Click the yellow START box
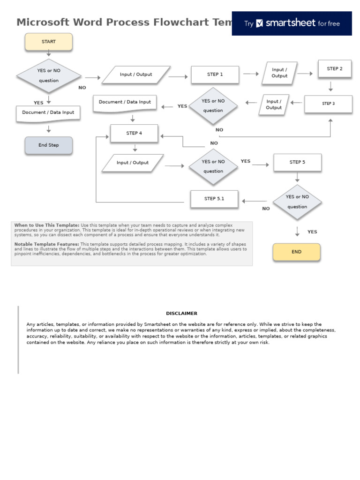pyautogui.click(x=48, y=42)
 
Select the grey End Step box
pyautogui.click(x=48, y=145)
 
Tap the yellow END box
pyautogui.click(x=296, y=252)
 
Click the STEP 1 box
pyautogui.click(x=215, y=75)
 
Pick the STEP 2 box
pyautogui.click(x=334, y=69)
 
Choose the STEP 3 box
pyautogui.click(x=328, y=104)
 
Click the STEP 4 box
pyautogui.click(x=134, y=133)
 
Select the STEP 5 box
pyautogui.click(x=297, y=162)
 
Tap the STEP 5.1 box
pyautogui.click(x=214, y=199)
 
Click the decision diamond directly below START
pyautogui.click(x=49, y=75)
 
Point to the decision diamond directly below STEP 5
pyautogui.click(x=297, y=202)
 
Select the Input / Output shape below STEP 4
pyautogui.click(x=133, y=163)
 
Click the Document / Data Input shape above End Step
pyautogui.click(x=48, y=113)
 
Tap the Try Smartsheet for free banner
pyautogui.click(x=292, y=23)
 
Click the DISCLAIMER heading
pyautogui.click(x=181, y=313)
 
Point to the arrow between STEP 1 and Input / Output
pyautogui.click(x=251, y=74)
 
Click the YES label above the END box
pyautogui.click(x=312, y=232)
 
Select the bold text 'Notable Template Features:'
pyautogui.click(x=46, y=244)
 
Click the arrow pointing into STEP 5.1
pyautogui.click(x=254, y=202)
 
